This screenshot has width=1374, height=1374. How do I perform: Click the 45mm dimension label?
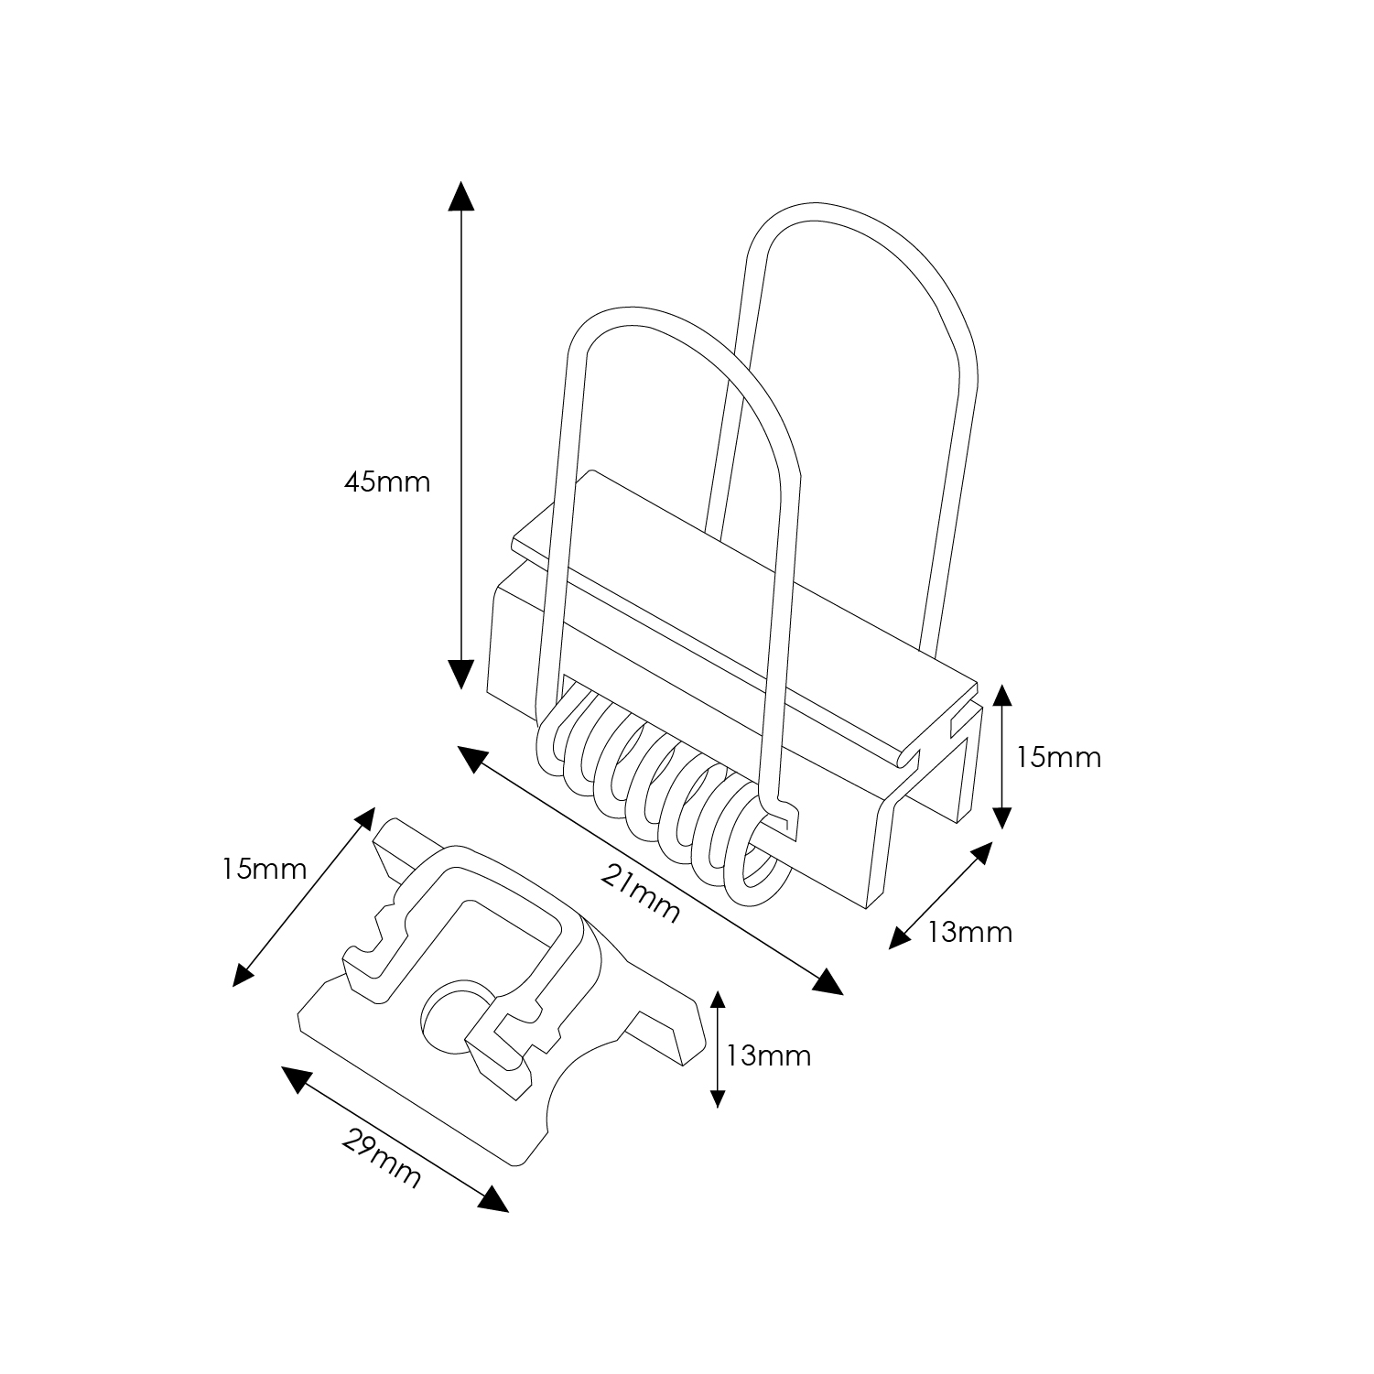click(386, 481)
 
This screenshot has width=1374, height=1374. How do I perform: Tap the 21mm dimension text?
click(642, 894)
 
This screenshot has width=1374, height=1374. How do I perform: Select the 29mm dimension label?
click(382, 1157)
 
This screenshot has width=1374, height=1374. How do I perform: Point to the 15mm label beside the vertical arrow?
click(1059, 757)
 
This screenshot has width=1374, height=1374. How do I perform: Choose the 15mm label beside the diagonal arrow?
click(264, 869)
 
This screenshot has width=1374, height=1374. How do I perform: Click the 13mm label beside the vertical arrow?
click(768, 1055)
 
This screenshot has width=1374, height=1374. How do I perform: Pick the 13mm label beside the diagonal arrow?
click(969, 932)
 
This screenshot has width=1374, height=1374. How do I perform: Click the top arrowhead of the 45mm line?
click(461, 197)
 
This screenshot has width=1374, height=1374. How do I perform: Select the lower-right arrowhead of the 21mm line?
click(828, 981)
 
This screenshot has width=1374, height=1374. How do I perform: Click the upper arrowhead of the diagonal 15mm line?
click(363, 819)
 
